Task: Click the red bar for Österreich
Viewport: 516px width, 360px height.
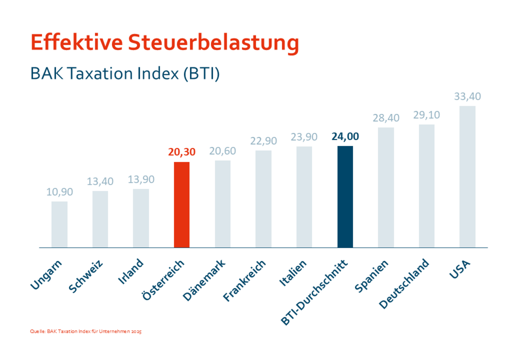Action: pyautogui.click(x=182, y=205)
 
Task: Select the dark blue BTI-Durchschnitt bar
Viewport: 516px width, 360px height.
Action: pyautogui.click(x=345, y=197)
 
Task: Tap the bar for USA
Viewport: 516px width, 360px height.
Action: pyautogui.click(x=468, y=177)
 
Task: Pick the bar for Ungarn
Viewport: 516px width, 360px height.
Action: pyautogui.click(x=59, y=224)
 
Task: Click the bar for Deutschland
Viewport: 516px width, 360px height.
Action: pyautogui.click(x=427, y=186)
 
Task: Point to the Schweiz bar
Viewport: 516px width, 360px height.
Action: pyautogui.click(x=100, y=219)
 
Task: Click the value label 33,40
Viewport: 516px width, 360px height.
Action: pyautogui.click(x=468, y=97)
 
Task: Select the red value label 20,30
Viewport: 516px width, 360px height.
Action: pyautogui.click(x=182, y=152)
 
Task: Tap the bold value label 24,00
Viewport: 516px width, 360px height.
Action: pyautogui.click(x=345, y=137)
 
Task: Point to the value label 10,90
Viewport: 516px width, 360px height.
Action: pyautogui.click(x=59, y=192)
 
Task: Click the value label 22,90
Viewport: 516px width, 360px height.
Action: pyautogui.click(x=263, y=141)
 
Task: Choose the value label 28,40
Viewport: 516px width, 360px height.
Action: pyautogui.click(x=386, y=118)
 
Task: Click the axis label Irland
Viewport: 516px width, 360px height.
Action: pyautogui.click(x=130, y=271)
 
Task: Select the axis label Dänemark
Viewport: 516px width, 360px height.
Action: pyautogui.click(x=204, y=280)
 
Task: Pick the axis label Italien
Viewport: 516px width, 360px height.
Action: pyautogui.click(x=293, y=273)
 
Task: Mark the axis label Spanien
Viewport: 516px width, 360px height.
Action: pyautogui.click(x=371, y=276)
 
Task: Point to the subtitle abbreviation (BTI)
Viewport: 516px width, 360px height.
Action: pyautogui.click(x=201, y=74)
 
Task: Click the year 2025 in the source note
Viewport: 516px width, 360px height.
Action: pyautogui.click(x=136, y=332)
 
